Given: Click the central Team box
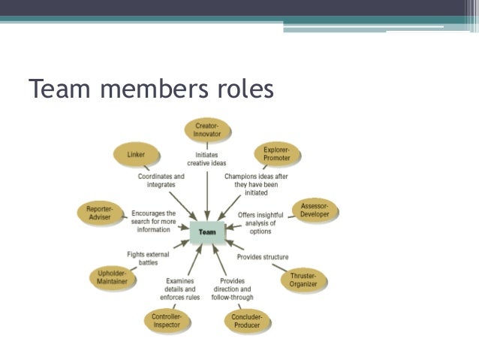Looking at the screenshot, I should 207,232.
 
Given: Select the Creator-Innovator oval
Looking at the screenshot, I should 207,129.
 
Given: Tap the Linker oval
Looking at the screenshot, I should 137,155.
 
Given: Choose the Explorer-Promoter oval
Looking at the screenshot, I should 277,154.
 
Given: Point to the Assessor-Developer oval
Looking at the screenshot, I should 315,210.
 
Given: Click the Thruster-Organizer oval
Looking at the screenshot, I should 303,280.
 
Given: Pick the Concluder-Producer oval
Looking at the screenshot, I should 247,321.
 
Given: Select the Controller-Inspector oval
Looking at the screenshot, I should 166,321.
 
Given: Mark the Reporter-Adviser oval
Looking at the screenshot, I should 99,213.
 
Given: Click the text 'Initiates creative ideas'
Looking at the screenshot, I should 206,159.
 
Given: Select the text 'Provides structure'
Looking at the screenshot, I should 263,257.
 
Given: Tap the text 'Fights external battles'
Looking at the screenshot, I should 149,259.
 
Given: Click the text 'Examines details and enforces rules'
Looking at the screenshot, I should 179,289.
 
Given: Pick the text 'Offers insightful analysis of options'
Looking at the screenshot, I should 261,223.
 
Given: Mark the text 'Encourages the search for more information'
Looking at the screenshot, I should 154,221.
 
